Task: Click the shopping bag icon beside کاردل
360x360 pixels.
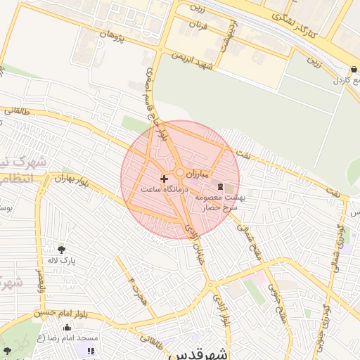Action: pos(353,70)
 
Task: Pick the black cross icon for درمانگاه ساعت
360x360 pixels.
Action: pos(165,179)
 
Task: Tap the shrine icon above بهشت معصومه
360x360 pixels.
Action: pos(222,186)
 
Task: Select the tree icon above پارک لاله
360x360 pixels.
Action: pos(61,249)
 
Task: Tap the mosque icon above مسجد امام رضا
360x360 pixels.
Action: pos(67,327)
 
